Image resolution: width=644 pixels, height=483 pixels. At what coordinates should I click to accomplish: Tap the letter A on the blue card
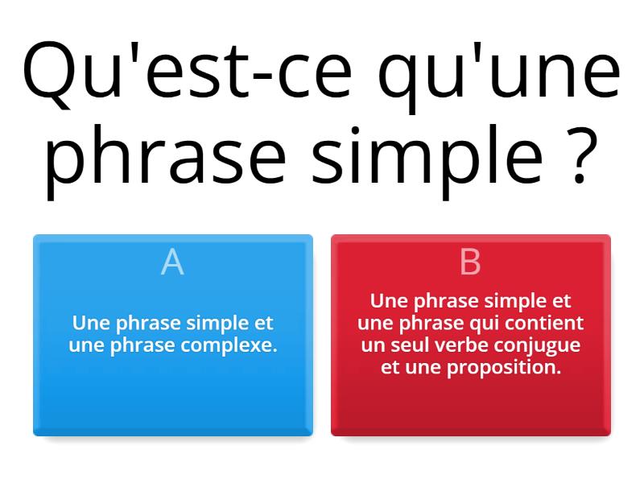point(172,262)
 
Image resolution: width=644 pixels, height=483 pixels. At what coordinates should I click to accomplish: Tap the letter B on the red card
point(470,262)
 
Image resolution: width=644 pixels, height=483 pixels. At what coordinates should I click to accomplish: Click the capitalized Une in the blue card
point(91,324)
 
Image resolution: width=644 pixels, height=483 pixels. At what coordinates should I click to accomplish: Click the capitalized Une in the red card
point(389,302)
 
